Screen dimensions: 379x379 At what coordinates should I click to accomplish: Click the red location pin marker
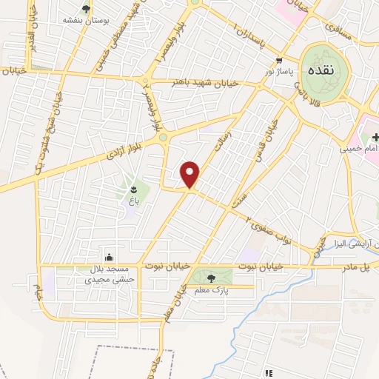click(x=191, y=175)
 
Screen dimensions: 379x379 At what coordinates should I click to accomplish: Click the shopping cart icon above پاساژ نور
click(x=279, y=61)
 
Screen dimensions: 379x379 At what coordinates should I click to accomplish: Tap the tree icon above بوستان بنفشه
click(x=87, y=9)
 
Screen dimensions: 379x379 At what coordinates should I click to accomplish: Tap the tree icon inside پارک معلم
click(x=212, y=278)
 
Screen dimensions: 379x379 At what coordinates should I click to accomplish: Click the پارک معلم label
click(x=211, y=292)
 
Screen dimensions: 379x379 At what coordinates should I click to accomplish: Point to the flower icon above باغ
click(x=133, y=188)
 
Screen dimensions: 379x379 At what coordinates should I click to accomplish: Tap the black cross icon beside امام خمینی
click(x=375, y=137)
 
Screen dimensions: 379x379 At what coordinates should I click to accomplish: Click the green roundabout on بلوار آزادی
click(x=162, y=138)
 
